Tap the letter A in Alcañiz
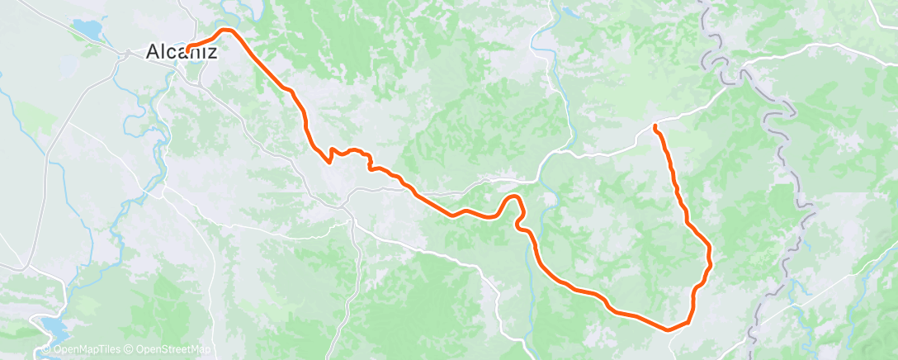153,51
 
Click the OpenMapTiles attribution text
83,350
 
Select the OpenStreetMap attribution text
169,350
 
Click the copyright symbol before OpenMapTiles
45,350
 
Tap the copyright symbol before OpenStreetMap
130,350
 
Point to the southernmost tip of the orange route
670,328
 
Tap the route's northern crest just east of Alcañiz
226,31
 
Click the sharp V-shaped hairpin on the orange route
330,160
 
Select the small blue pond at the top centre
569,13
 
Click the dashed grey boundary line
780,165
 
